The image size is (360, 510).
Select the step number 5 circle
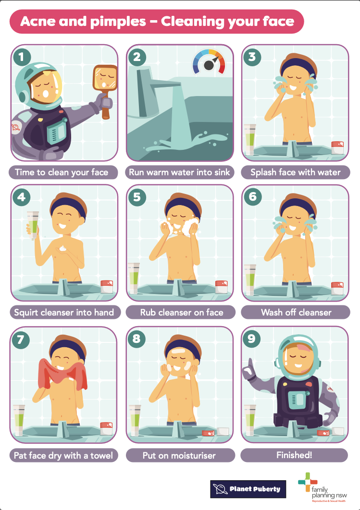[x=137, y=197]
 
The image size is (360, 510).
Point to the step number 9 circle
[x=251, y=339]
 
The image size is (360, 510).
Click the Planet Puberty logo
[x=248, y=489]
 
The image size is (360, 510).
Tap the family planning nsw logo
[x=323, y=487]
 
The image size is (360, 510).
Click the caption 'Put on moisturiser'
[x=179, y=455]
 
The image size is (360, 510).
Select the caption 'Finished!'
[x=294, y=455]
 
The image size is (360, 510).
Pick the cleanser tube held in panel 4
[x=33, y=225]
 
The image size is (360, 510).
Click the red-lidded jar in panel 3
[x=337, y=147]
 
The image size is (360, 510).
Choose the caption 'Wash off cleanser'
[x=296, y=313]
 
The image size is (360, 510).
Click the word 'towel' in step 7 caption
[x=101, y=455]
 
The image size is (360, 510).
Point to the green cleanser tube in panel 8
[x=135, y=420]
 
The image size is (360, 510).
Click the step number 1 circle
[x=22, y=57]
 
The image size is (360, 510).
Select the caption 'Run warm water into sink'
[x=179, y=172]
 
